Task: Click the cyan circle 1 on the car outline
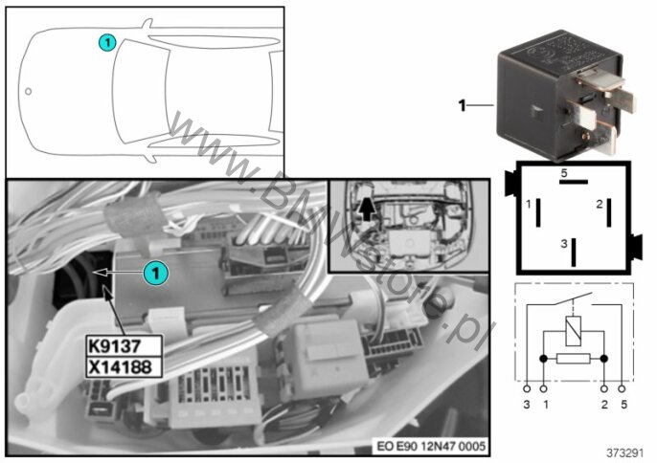(107, 42)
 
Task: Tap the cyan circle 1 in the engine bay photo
(155, 273)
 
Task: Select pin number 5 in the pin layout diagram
(564, 172)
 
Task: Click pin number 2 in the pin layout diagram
(599, 204)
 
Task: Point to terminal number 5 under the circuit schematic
(624, 406)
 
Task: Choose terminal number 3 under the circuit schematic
(528, 406)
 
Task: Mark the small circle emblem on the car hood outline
(29, 93)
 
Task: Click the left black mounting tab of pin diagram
(507, 181)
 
